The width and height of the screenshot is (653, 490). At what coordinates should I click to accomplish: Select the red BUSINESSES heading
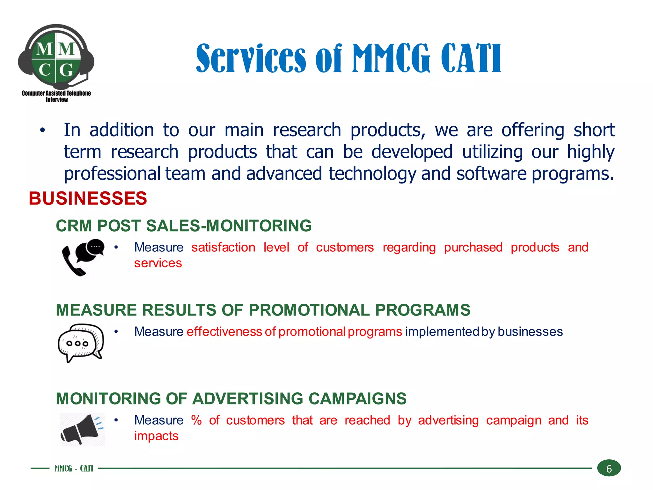[x=88, y=198]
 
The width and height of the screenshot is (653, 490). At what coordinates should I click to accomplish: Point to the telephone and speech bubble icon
[x=83, y=257]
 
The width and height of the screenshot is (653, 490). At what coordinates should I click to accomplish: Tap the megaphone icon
[x=82, y=429]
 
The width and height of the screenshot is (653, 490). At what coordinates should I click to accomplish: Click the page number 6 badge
[x=609, y=468]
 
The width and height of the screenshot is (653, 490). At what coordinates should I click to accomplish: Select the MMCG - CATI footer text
[x=74, y=468]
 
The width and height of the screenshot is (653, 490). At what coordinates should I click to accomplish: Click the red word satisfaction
[x=223, y=248]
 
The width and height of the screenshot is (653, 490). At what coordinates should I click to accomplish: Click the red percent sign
[x=196, y=420]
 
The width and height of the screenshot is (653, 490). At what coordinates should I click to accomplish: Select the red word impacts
[x=156, y=436]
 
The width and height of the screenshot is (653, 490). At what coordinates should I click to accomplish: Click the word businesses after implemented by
[x=530, y=332]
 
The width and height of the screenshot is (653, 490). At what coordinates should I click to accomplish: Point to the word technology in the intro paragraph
[x=372, y=174]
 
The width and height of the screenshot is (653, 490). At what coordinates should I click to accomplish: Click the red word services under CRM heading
[x=158, y=263]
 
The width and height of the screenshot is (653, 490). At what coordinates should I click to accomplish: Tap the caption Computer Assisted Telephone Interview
[x=56, y=96]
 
